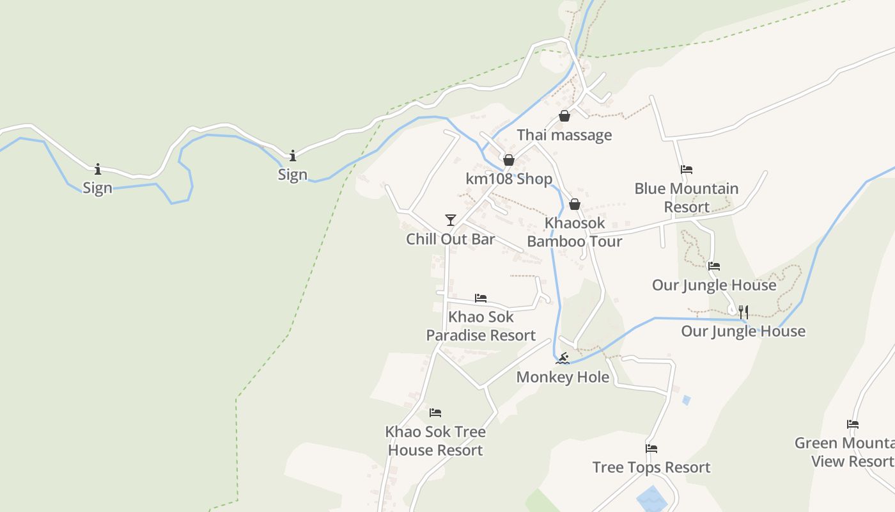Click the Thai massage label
pos(564,135)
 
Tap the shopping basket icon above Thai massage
pos(564,116)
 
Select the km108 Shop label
pos(509,179)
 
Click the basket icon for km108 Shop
pos(509,159)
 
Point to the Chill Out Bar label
pos(451,239)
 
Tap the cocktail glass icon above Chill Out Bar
pos(451,220)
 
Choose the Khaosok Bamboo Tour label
pos(574,232)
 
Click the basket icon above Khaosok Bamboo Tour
pos(574,204)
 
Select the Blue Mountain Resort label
pos(687,198)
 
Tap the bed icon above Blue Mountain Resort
pos(687,170)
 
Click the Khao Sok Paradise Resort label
pos(481,326)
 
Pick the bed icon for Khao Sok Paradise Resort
pos(481,298)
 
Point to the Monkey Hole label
pos(563,377)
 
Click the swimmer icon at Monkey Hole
pos(563,358)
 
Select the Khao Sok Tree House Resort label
pos(435,441)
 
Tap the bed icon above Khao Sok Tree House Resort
pos(435,413)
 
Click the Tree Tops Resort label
pos(651,467)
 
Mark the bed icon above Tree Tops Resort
pos(651,449)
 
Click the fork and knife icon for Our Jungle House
pos(743,312)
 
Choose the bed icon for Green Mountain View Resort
pos(852,424)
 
